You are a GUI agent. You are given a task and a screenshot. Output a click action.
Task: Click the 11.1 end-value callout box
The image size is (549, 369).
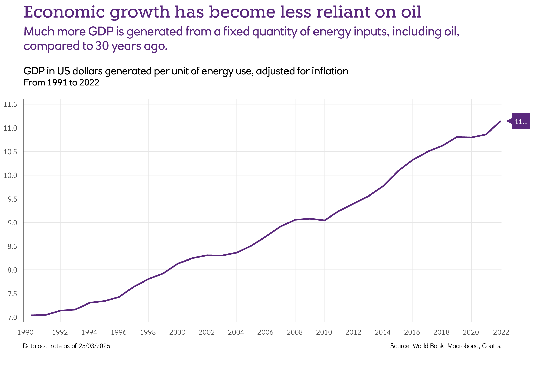[x=521, y=121]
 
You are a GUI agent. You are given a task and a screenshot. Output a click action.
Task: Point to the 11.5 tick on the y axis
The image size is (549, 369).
[x=10, y=104]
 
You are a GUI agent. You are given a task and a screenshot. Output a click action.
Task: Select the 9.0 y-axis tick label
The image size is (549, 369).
[x=10, y=223]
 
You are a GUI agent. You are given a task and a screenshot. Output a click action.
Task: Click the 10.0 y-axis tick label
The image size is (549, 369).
[x=10, y=176]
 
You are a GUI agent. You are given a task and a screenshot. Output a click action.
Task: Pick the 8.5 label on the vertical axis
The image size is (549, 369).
[x=10, y=246]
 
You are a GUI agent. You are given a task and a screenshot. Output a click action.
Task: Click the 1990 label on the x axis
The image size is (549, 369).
[x=25, y=332]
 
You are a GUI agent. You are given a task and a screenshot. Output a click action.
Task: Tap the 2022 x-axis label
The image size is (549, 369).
[x=501, y=332]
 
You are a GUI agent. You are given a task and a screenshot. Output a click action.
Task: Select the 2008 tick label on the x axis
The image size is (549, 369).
[x=295, y=332]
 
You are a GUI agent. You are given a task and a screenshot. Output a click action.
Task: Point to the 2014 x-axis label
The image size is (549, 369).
[x=383, y=332]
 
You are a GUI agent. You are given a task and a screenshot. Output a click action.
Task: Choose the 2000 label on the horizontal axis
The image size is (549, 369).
[x=177, y=332]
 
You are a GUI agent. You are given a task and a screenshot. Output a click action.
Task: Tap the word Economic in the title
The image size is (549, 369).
[x=64, y=12]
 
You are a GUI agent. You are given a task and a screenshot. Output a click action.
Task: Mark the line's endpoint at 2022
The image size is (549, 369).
[x=500, y=121]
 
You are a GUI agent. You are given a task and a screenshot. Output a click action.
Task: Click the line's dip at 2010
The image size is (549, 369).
[x=324, y=220]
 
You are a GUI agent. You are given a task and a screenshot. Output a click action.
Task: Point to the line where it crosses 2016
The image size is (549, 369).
[x=413, y=160]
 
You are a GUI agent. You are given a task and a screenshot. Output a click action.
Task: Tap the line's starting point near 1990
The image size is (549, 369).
[x=31, y=315]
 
